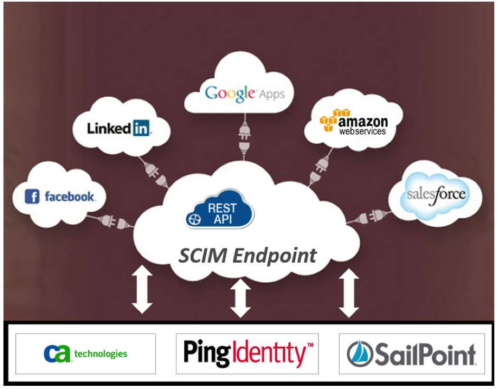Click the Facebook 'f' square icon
click(x=32, y=197)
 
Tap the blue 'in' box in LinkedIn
click(x=141, y=128)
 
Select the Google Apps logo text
click(x=245, y=94)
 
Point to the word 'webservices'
click(x=362, y=132)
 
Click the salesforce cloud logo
click(x=436, y=195)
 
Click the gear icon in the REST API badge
click(x=194, y=219)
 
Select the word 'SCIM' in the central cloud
click(x=203, y=255)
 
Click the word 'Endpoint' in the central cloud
click(x=275, y=256)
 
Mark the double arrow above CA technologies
click(x=142, y=289)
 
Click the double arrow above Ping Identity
click(x=240, y=298)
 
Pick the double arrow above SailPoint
click(x=349, y=293)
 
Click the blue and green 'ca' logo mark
click(x=57, y=354)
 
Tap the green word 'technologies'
click(x=101, y=354)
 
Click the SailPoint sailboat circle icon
click(x=360, y=354)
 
